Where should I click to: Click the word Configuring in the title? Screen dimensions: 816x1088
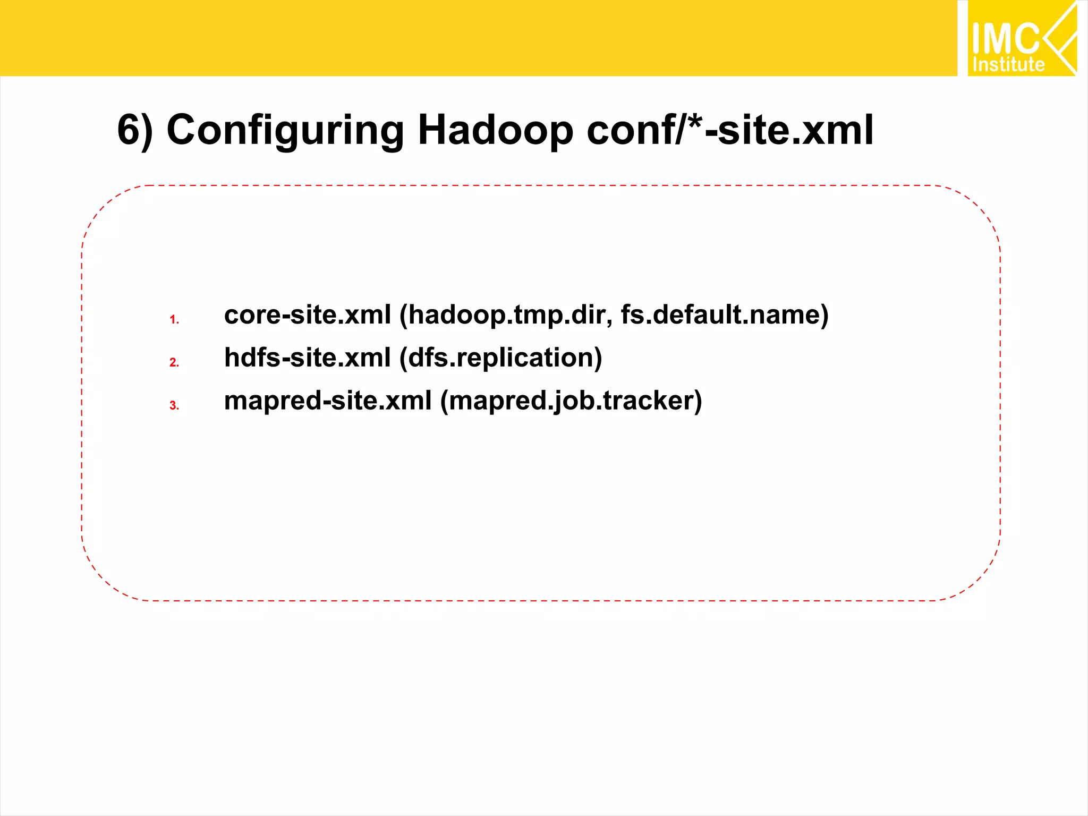click(285, 131)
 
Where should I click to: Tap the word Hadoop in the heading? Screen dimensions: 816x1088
click(495, 131)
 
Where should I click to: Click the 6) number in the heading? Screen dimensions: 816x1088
click(134, 131)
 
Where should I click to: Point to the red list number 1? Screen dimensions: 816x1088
click(174, 319)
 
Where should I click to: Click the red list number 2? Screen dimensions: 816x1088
click(174, 362)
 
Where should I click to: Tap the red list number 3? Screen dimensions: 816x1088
click(174, 405)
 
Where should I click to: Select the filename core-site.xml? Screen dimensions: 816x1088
click(307, 314)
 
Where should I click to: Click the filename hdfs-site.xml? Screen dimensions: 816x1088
click(307, 358)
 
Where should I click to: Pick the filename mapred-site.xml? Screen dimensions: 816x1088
click(327, 401)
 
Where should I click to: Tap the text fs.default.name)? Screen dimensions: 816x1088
click(724, 314)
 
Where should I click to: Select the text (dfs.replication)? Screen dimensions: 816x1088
click(500, 358)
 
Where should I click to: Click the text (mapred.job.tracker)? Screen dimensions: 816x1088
click(571, 401)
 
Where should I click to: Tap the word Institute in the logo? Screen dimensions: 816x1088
click(1008, 65)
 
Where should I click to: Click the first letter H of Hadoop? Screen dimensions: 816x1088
click(431, 131)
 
